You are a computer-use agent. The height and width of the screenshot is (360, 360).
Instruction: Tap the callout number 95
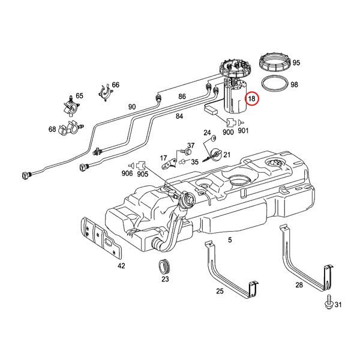click(x=296, y=63)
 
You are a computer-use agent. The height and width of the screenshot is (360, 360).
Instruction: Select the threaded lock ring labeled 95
click(x=273, y=62)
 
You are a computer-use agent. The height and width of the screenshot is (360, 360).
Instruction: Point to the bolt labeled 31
click(x=329, y=304)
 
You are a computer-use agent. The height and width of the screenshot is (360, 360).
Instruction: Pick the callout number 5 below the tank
click(x=229, y=240)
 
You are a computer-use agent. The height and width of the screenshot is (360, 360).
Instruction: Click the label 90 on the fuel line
click(x=132, y=107)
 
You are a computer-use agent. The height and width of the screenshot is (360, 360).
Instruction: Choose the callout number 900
click(x=228, y=131)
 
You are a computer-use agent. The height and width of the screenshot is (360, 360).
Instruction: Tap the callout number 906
click(x=127, y=174)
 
